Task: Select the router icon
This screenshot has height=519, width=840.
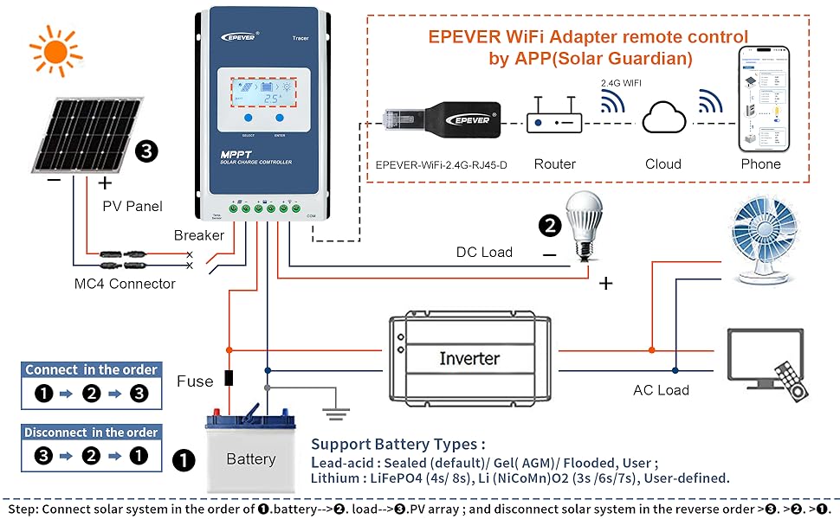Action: click(x=554, y=124)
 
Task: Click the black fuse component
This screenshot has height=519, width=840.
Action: click(x=229, y=378)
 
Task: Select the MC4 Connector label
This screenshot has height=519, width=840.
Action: click(x=125, y=284)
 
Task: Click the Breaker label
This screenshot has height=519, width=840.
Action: click(x=198, y=235)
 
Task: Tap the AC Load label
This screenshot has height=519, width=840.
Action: click(x=661, y=390)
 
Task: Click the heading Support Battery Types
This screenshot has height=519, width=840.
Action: click(x=397, y=445)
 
